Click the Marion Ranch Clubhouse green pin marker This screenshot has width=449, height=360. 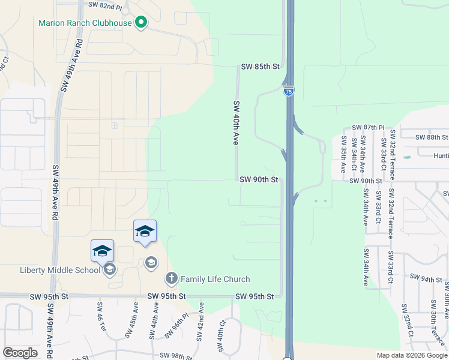(x=142, y=23)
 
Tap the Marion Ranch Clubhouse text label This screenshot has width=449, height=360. (x=85, y=23)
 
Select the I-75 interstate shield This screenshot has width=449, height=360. (x=289, y=91)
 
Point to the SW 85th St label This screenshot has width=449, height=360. (x=261, y=67)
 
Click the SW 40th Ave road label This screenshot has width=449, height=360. (x=236, y=123)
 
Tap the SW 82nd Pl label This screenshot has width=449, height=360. (x=105, y=5)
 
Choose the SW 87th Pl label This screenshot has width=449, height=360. (x=369, y=128)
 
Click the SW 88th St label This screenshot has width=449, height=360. (x=428, y=137)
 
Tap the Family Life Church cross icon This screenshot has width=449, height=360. (x=171, y=278)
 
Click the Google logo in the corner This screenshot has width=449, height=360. (x=20, y=353)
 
